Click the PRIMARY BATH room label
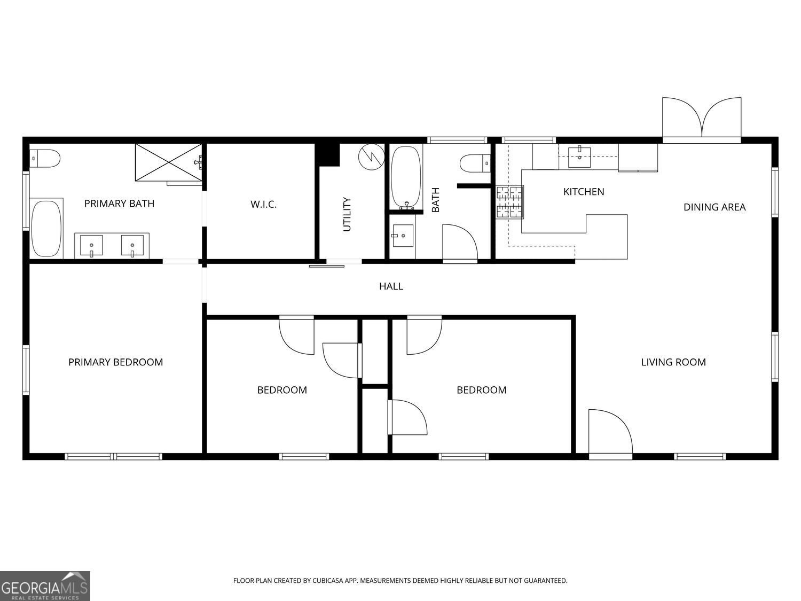[119, 204]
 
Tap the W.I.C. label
[263, 204]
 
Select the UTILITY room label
[347, 214]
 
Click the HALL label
[391, 286]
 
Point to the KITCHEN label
[584, 192]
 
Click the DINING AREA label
[714, 207]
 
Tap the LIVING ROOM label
[673, 362]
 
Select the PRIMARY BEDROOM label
[115, 362]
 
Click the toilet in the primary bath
[45, 159]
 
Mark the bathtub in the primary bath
[46, 229]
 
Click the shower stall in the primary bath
[168, 162]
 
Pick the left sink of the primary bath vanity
[91, 246]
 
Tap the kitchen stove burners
[509, 202]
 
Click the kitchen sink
[579, 156]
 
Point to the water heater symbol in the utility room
[371, 157]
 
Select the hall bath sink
[403, 236]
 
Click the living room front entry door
[610, 433]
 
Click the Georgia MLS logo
[45, 586]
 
